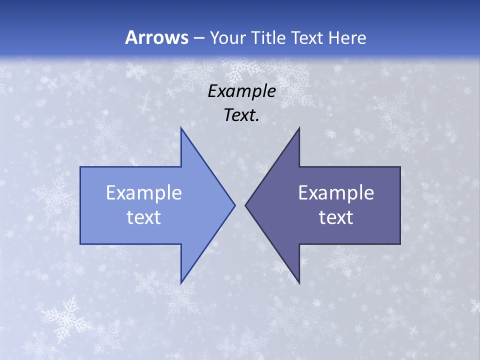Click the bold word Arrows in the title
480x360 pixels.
click(x=156, y=37)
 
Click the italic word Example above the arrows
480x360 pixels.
click(x=241, y=91)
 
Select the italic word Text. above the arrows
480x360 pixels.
click(x=241, y=115)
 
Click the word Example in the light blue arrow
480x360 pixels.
click(x=144, y=193)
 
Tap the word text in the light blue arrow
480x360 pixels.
click(x=144, y=217)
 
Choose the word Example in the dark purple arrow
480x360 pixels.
click(x=336, y=193)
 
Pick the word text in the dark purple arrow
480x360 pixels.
click(x=336, y=217)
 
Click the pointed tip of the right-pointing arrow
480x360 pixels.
click(x=235, y=205)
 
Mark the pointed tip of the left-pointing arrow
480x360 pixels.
click(x=245, y=205)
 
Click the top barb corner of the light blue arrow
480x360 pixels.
click(x=181, y=127)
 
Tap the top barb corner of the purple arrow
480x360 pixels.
click(x=299, y=127)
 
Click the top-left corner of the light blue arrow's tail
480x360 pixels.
click(x=80, y=167)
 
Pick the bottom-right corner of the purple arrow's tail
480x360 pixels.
click(x=400, y=244)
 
